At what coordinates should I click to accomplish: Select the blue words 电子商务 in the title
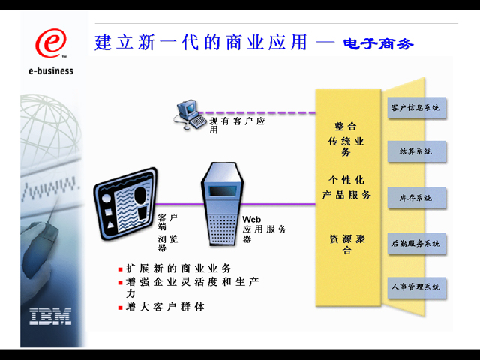click(x=378, y=43)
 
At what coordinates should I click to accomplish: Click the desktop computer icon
click(x=190, y=113)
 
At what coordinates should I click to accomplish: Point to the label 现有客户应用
click(x=236, y=124)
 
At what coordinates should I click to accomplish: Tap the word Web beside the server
click(x=251, y=219)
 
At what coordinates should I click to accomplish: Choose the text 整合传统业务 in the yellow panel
click(x=347, y=139)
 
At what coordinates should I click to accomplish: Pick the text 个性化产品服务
click(x=347, y=187)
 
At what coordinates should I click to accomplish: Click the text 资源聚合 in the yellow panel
click(x=347, y=244)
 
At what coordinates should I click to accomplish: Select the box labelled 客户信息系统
click(x=415, y=109)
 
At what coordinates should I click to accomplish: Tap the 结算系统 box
click(x=415, y=152)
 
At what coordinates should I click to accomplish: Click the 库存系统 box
click(x=415, y=198)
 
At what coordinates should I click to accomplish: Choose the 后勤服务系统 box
click(x=415, y=243)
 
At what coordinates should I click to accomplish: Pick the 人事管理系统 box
click(x=415, y=287)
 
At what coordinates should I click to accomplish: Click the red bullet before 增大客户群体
click(x=120, y=307)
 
